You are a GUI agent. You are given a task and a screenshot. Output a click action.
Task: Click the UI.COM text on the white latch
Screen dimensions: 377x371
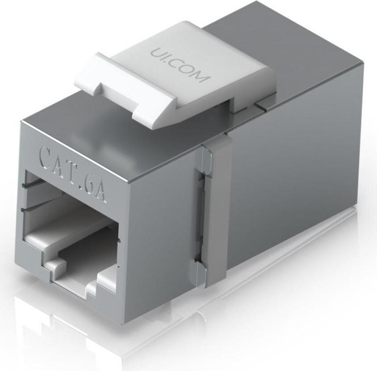(x=180, y=65)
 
